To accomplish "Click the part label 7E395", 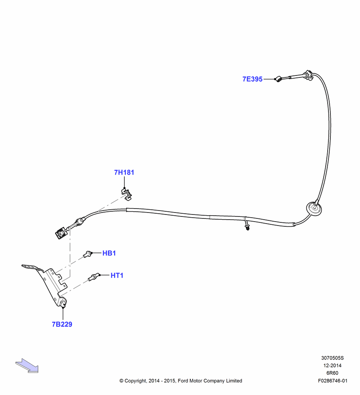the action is click(253, 79).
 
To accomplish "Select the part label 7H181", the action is click(124, 172).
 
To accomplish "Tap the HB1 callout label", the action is click(109, 253).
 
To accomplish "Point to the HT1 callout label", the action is click(117, 275).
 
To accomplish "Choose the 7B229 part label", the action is click(62, 324).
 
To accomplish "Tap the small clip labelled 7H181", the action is click(127, 194).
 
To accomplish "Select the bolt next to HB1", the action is click(87, 254).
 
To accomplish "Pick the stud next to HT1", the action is click(94, 277).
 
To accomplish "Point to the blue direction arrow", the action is click(27, 365).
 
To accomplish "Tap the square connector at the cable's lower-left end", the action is click(60, 233).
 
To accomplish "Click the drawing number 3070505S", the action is click(332, 358).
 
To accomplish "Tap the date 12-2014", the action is click(332, 365).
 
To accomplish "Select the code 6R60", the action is click(332, 373).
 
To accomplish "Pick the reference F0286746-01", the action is click(332, 381).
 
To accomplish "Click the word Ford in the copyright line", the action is click(183, 381).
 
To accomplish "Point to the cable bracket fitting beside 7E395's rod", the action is click(308, 75).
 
